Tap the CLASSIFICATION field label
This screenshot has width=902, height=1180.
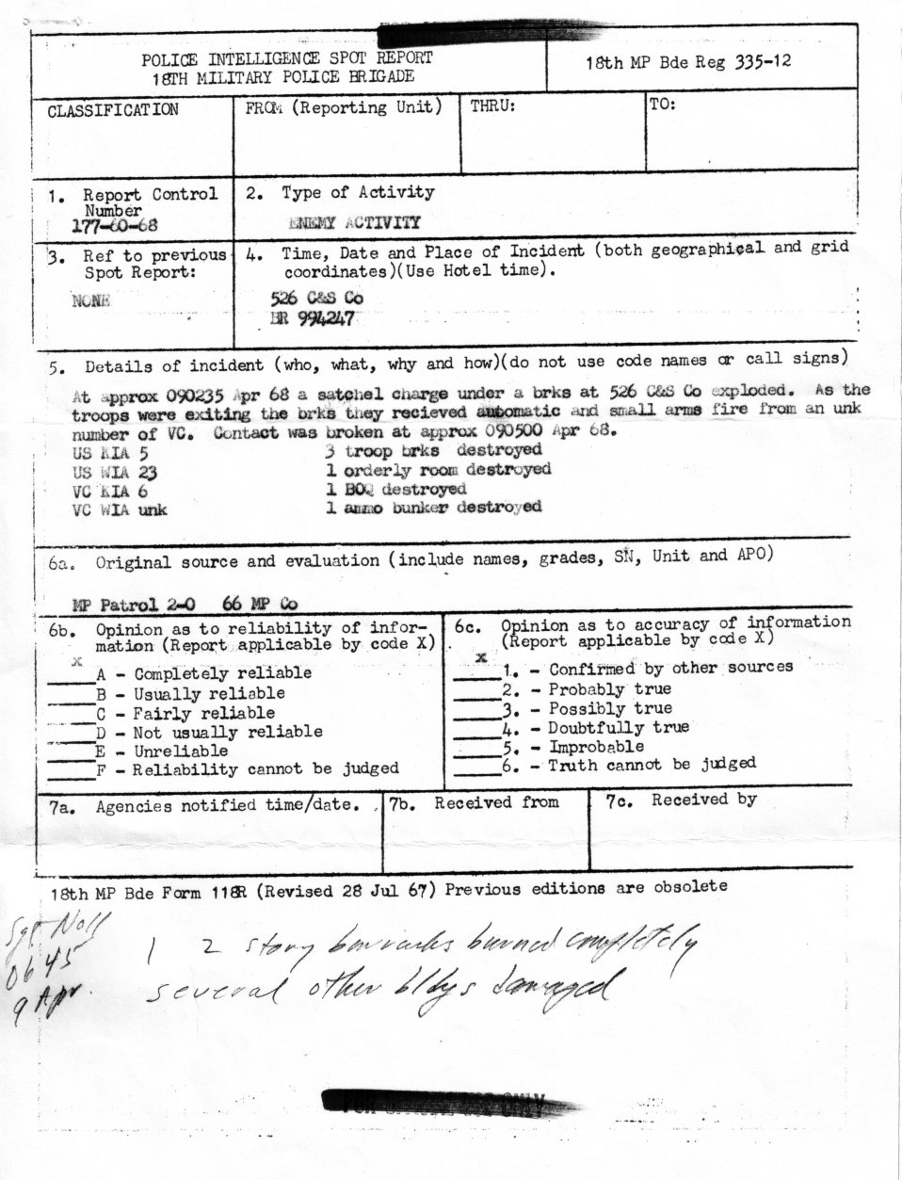tap(112, 110)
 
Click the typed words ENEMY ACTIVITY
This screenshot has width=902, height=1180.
tap(356, 222)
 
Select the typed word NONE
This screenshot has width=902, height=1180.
tap(90, 300)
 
